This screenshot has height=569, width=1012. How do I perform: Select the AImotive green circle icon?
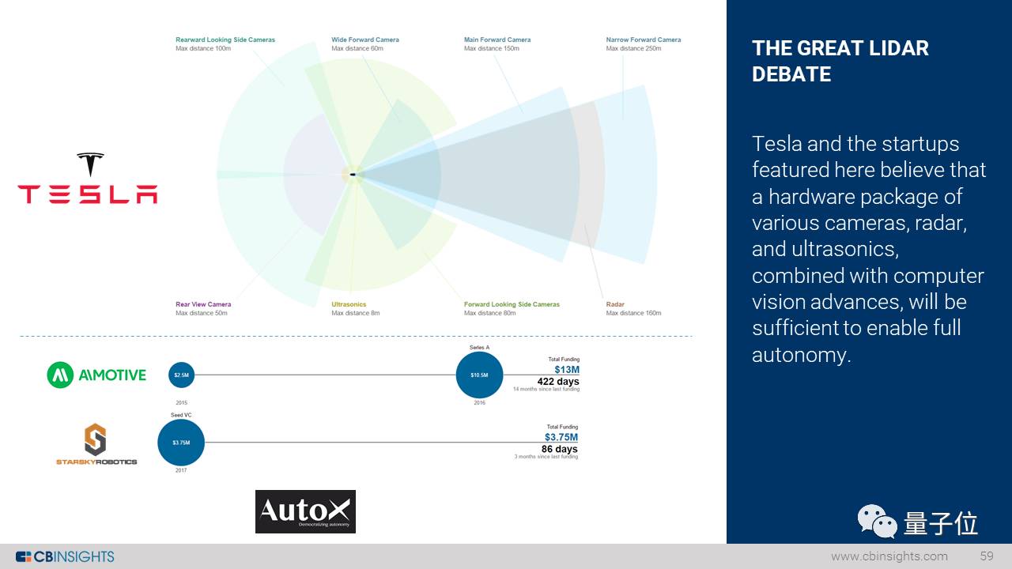pos(60,375)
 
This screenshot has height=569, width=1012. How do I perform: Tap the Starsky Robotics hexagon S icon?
pos(95,439)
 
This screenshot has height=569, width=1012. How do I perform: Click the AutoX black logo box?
pos(305,511)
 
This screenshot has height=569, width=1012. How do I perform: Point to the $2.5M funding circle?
pos(181,375)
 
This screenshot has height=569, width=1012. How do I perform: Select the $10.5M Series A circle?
pos(479,375)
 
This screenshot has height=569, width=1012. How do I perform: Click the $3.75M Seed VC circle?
pos(181,443)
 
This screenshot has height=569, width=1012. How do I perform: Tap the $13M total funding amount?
pos(567,370)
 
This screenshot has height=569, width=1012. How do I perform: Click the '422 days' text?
pos(558,382)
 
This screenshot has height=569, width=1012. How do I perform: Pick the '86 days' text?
pos(560,449)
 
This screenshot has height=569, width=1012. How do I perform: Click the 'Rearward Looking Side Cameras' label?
pos(225,40)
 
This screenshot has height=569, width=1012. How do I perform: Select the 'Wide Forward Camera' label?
pos(365,40)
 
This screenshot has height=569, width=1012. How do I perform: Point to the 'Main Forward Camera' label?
pos(497,40)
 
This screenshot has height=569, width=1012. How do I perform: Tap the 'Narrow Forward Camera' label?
pos(644,40)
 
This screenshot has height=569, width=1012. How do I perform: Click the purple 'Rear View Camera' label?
pos(203,304)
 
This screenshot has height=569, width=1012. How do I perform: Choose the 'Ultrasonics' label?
pos(349,304)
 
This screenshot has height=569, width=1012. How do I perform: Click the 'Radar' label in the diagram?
pos(615,304)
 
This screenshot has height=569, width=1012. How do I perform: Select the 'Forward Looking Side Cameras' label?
pos(512,304)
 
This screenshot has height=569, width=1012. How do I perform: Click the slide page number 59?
pos(987,556)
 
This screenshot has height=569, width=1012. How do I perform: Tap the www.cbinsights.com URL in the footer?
pos(889,556)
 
